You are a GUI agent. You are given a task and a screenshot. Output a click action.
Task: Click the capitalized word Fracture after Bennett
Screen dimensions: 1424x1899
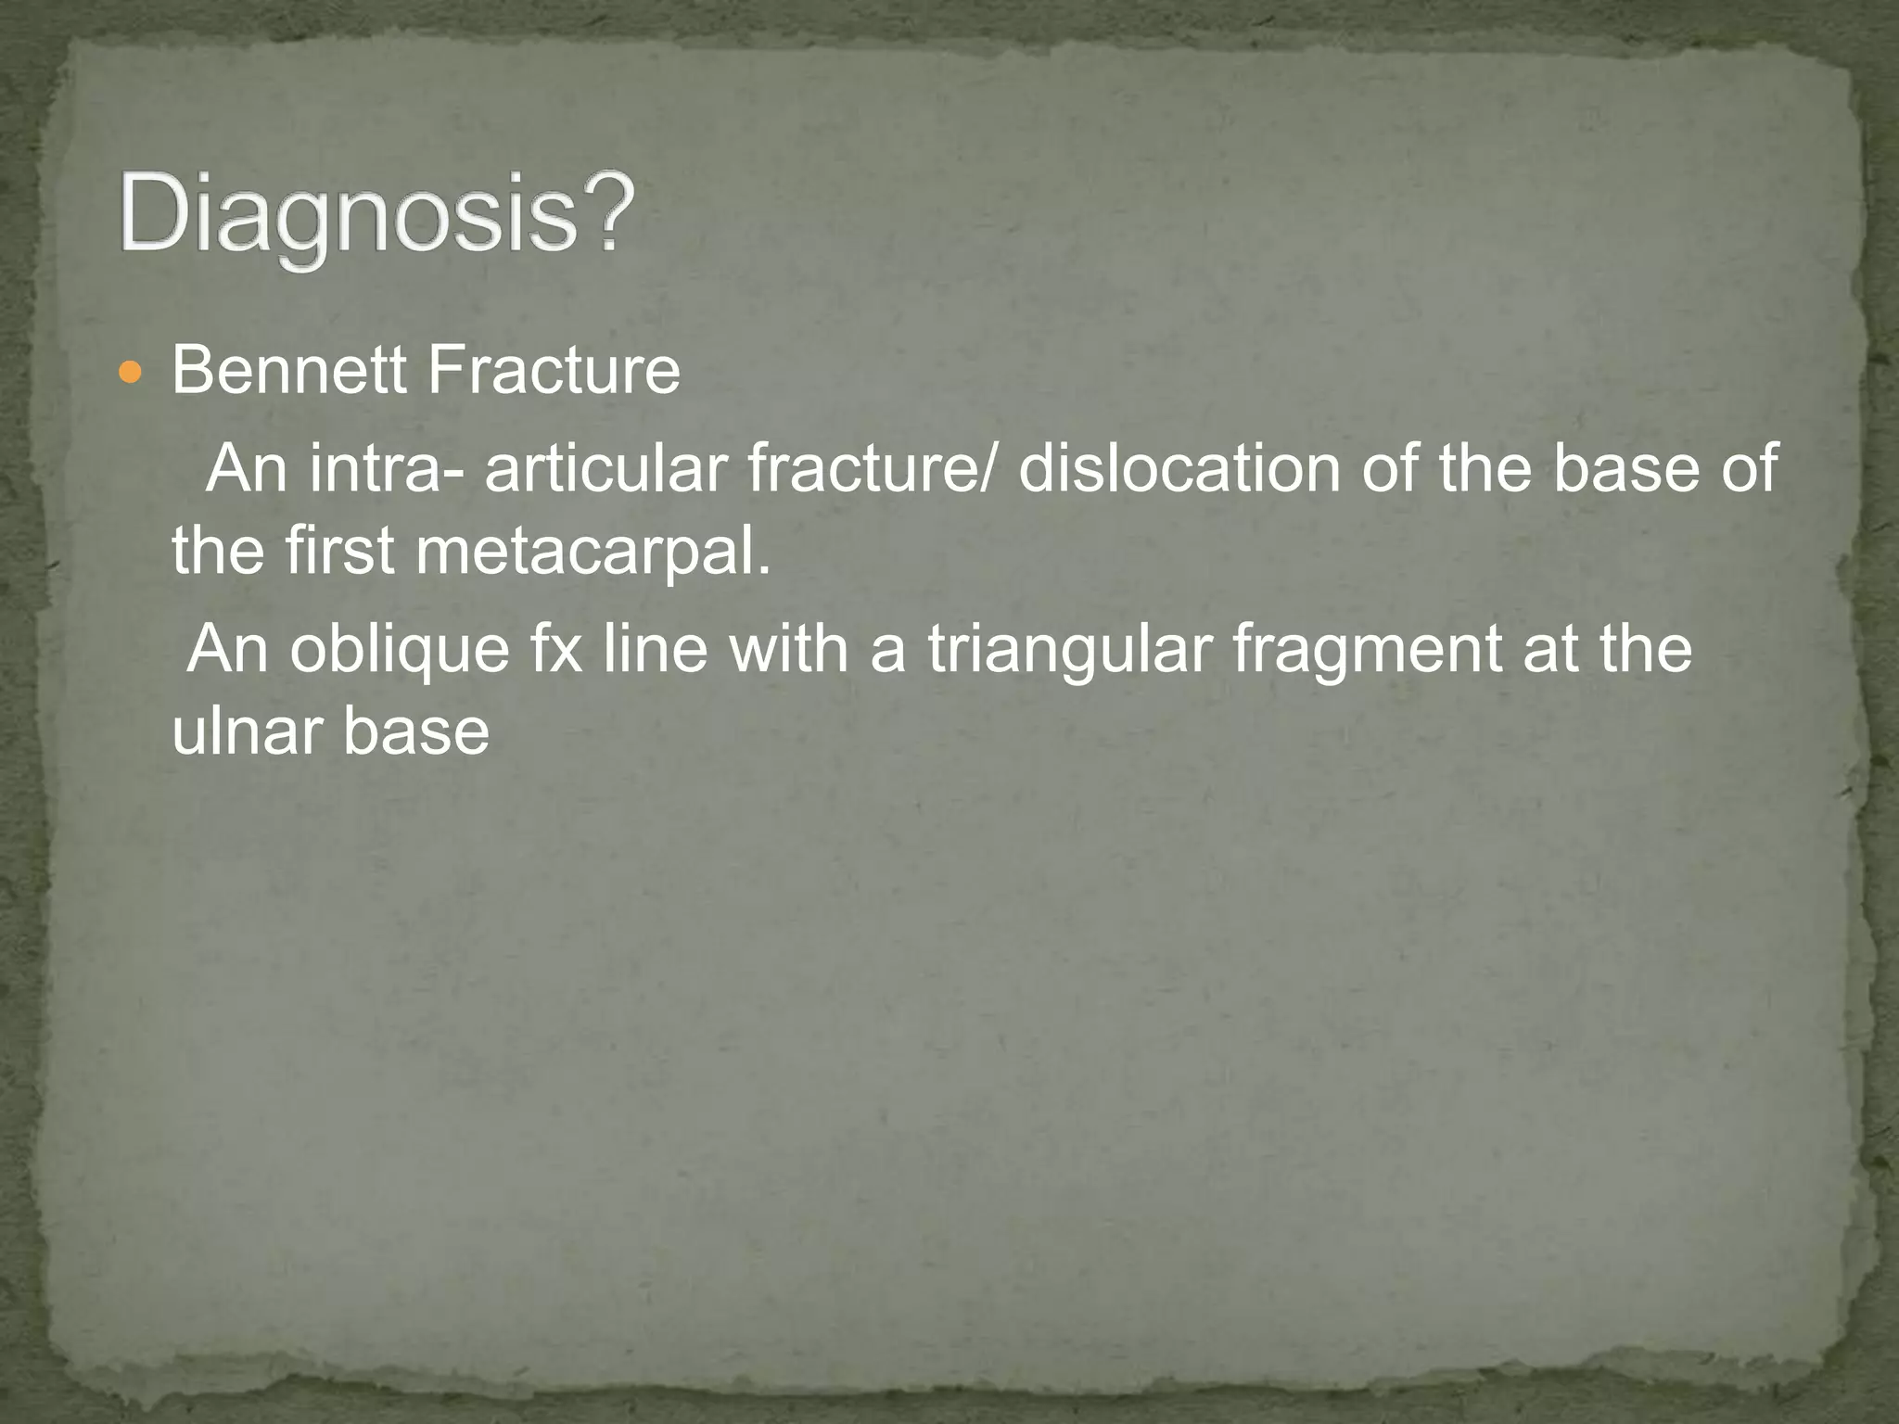pos(554,371)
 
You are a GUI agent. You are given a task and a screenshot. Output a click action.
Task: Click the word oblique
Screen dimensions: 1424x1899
pos(400,650)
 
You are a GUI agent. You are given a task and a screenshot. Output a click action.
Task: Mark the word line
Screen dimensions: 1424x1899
pos(656,648)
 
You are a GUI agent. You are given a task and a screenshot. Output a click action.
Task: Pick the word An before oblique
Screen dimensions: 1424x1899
pos(227,648)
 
